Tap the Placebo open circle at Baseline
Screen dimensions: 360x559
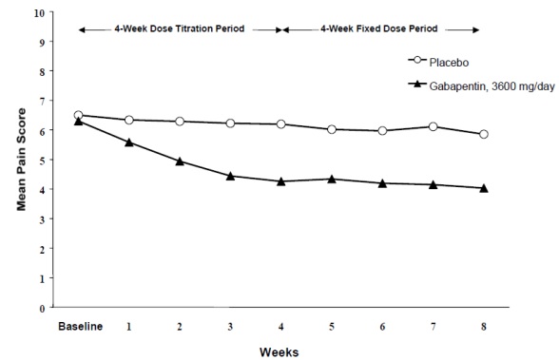point(78,115)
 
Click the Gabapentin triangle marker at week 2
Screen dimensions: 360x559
point(180,161)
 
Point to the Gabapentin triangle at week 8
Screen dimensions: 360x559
point(484,188)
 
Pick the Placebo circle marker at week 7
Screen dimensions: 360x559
point(433,126)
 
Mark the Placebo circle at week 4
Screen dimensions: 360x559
point(280,124)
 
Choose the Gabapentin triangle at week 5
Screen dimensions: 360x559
point(332,179)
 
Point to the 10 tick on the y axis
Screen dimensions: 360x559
point(37,14)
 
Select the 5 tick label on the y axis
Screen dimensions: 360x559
point(40,161)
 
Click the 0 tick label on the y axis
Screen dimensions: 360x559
point(40,308)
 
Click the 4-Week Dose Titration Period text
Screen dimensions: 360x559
point(179,29)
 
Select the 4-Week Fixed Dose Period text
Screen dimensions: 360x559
point(380,29)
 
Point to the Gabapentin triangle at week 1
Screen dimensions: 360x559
point(129,142)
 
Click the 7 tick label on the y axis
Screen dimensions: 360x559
point(40,102)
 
